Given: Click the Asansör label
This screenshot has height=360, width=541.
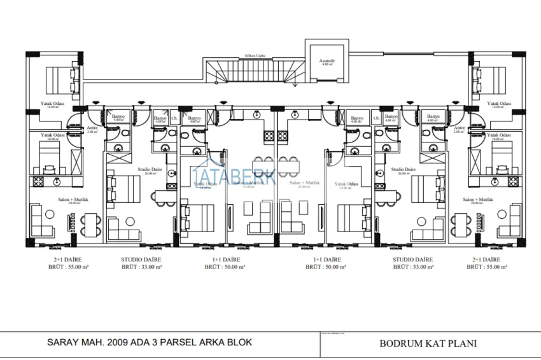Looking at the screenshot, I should (327, 61).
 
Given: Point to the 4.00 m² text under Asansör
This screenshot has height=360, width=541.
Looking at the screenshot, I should (327, 65).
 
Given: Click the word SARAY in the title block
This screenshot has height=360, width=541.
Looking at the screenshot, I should (64, 342).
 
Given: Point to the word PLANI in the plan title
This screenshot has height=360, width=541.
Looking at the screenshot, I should (462, 343).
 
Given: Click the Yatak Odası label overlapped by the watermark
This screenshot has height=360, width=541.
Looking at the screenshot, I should (205, 184).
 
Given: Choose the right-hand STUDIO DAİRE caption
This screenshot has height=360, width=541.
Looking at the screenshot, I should (412, 260).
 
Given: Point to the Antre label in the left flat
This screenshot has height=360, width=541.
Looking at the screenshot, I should (92, 128).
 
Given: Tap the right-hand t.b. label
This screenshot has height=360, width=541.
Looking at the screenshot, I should (376, 117).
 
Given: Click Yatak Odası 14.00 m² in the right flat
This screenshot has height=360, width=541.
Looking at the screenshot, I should (499, 104).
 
